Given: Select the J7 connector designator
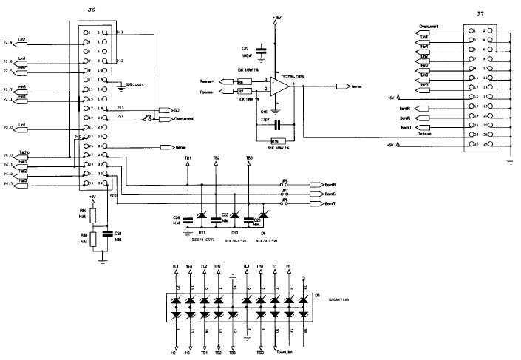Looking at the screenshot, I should (x=480, y=14).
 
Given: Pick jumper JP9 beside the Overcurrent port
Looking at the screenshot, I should (x=148, y=118).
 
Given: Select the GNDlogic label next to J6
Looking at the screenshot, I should (x=134, y=84).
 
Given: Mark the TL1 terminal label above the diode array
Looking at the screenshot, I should (x=175, y=268).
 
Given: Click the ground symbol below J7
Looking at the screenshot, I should (x=511, y=160).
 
